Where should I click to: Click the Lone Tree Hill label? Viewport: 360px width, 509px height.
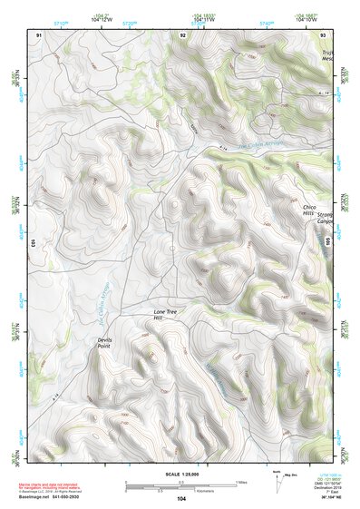[x=164, y=315]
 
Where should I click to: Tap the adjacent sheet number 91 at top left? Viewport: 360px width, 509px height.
[x=39, y=34]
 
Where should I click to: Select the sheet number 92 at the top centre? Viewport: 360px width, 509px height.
[x=183, y=34]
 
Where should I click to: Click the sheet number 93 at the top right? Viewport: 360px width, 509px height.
[x=324, y=34]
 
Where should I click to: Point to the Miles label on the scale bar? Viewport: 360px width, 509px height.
[x=240, y=481]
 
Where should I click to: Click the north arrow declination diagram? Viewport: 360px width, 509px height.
[x=277, y=481]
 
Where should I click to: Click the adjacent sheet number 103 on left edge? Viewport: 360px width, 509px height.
[x=32, y=243]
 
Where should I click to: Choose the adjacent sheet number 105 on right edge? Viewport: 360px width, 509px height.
[x=328, y=243]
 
